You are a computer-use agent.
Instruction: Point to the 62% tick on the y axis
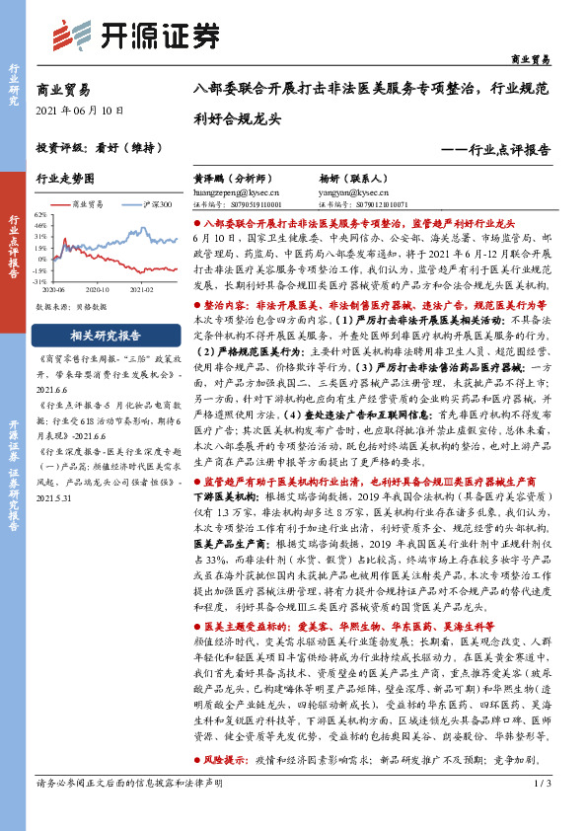(40, 213)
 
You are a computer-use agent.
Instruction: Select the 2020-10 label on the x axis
(98, 291)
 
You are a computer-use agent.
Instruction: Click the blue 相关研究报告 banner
(106, 334)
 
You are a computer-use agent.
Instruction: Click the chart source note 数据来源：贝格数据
(71, 307)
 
